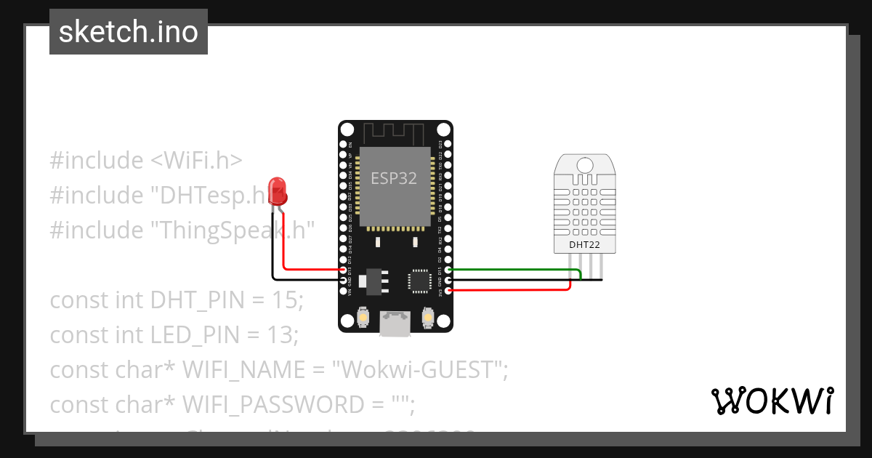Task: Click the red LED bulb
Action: [277, 190]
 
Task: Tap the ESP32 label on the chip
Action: [394, 178]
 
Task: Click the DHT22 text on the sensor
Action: [584, 245]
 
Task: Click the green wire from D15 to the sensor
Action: [516, 270]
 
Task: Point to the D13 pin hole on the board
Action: [343, 270]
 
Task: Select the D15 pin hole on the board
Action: [448, 270]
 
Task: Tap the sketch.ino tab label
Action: [129, 32]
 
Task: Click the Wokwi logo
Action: [772, 401]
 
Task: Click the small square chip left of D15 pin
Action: [420, 281]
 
